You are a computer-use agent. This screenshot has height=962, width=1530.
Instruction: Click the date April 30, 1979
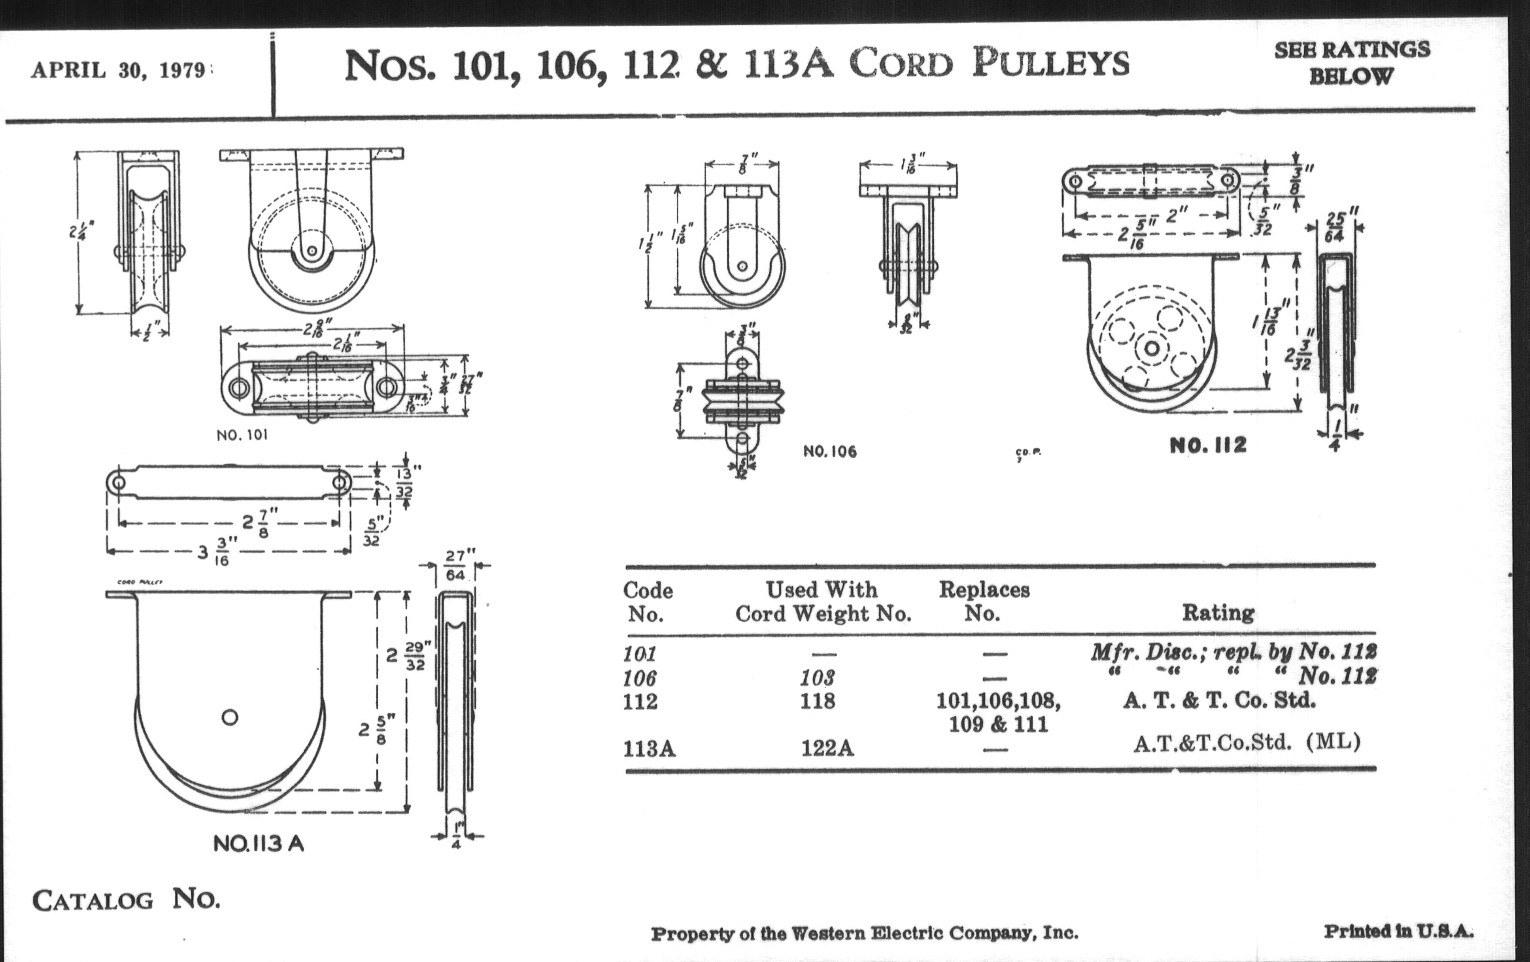[x=119, y=70]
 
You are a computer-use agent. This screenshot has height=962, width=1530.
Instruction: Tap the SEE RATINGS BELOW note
[x=1351, y=63]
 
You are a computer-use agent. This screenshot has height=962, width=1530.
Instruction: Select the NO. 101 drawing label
[x=242, y=435]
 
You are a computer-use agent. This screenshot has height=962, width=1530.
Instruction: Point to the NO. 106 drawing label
[x=830, y=451]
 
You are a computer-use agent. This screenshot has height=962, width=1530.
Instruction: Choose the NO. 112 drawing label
[x=1208, y=445]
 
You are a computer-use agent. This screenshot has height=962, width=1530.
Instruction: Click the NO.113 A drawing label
[x=259, y=843]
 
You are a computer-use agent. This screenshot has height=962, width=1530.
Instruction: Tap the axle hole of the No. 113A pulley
[x=230, y=717]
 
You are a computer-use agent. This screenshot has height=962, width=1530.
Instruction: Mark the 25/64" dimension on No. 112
[x=1335, y=227]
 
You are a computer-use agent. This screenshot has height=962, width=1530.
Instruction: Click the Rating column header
[x=1217, y=612]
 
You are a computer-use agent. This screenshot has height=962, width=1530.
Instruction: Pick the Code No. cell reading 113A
[x=649, y=749]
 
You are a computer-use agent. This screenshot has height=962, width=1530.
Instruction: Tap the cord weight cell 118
[x=818, y=701]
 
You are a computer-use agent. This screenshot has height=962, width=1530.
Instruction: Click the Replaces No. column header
[x=983, y=601]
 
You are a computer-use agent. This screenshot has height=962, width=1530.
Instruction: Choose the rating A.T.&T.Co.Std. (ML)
[x=1247, y=742]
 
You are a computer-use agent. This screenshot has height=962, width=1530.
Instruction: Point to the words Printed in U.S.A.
[x=1398, y=932]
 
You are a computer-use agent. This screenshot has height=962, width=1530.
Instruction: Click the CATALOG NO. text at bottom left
[x=126, y=900]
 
